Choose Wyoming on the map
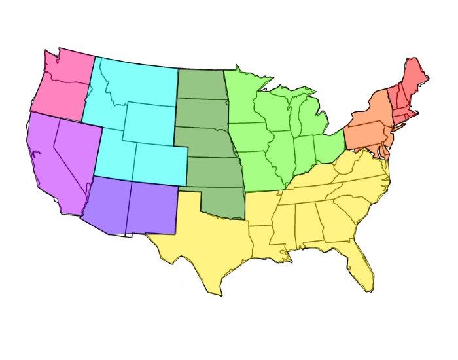point(149,123)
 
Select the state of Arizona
point(105,206)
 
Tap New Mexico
point(152,208)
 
